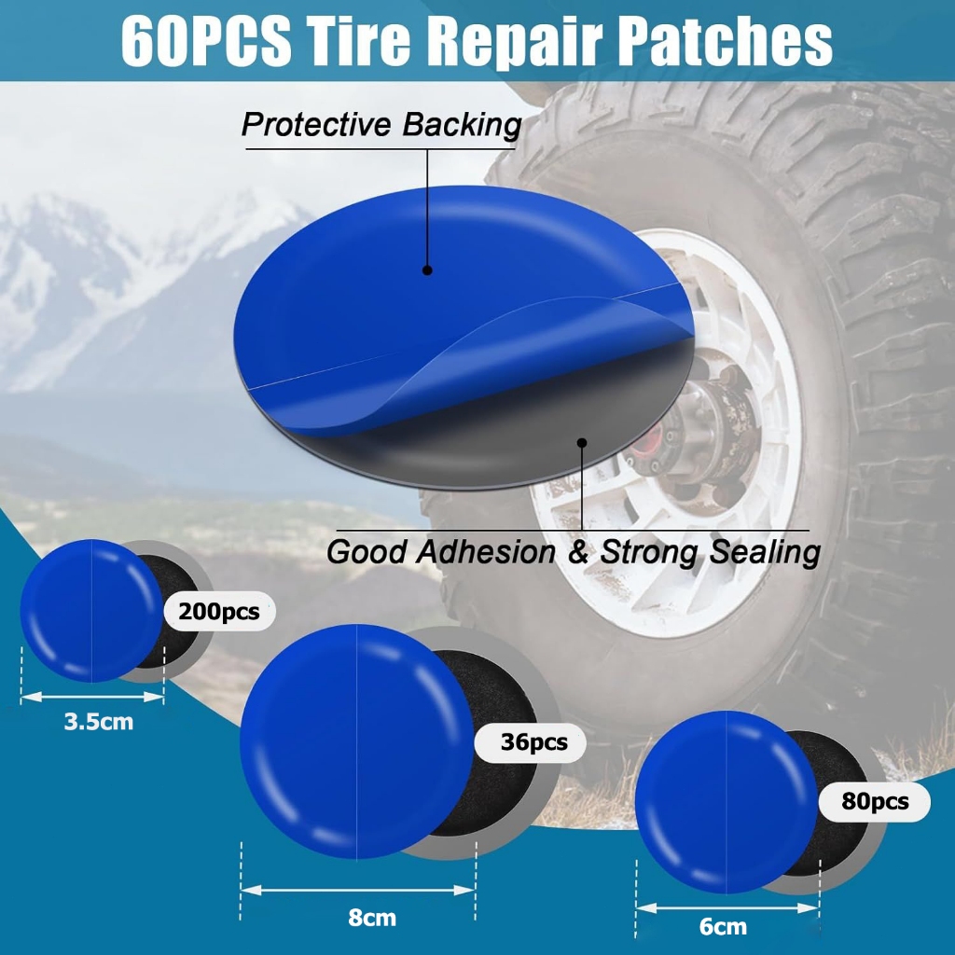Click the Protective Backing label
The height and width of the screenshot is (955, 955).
click(381, 125)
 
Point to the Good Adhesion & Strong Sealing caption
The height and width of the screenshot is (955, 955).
click(574, 552)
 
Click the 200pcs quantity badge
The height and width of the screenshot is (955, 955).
click(219, 611)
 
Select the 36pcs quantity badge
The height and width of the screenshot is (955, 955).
click(530, 741)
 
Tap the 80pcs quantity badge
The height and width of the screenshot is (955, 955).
click(875, 801)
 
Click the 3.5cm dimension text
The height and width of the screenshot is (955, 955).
click(99, 722)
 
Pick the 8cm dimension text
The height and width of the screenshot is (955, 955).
click(372, 918)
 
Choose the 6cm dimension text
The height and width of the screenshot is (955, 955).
click(723, 926)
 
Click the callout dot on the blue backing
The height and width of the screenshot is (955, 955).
click(427, 270)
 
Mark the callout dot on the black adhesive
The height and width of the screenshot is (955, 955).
click(582, 443)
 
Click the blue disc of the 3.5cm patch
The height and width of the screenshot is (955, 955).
click(91, 611)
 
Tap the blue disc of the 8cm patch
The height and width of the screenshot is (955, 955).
click(357, 741)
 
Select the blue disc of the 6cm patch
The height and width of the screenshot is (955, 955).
click(727, 801)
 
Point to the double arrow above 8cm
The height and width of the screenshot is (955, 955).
click(357, 890)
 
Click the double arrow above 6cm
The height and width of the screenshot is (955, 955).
click(727, 907)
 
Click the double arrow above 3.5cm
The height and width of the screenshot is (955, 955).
click(92, 697)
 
